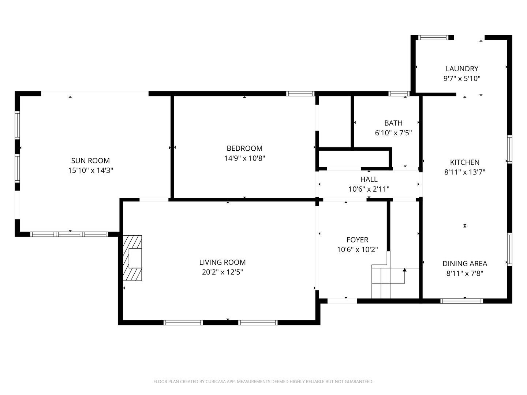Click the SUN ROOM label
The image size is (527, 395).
click(90, 161)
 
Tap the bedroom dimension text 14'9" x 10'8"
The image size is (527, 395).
click(244, 158)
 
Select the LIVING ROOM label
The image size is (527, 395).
click(222, 262)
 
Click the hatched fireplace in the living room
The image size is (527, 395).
click(132, 258)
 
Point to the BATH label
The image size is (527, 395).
click(393, 123)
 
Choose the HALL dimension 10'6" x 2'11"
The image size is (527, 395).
click(369, 189)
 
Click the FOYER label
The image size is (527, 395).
click(357, 240)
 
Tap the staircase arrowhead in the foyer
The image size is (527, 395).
click(404, 270)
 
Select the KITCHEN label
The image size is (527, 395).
click(464, 162)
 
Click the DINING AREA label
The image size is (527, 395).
click(464, 264)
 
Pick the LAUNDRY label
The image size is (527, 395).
click(462, 69)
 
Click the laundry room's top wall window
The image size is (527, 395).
click(433, 37)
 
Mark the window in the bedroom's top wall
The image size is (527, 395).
click(300, 94)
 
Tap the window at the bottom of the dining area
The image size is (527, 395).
click(461, 301)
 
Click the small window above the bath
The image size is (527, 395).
click(399, 94)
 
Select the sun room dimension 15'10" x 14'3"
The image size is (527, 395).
click(90, 170)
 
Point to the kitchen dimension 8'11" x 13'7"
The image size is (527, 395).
click(464, 172)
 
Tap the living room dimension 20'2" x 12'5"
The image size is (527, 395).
click(222, 272)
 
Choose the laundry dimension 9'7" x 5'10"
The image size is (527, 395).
click(462, 79)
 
